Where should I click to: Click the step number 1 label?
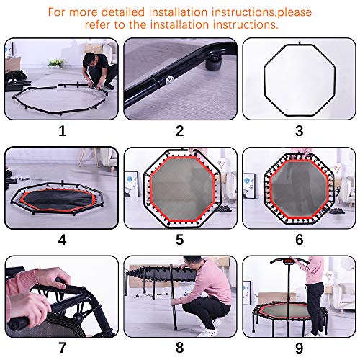62,131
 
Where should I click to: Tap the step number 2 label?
180,131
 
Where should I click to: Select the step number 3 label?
298,131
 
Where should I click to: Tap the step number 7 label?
62,347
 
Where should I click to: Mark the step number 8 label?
180,347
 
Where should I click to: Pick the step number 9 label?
298,347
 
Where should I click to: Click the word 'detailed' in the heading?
132,12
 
